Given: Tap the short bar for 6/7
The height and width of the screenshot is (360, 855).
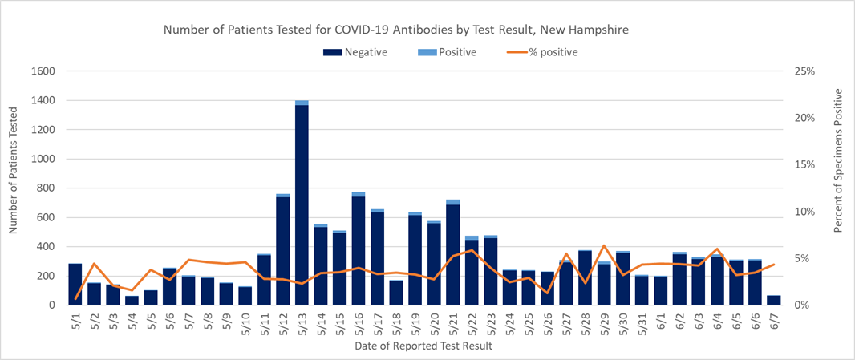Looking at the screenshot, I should coord(774,300).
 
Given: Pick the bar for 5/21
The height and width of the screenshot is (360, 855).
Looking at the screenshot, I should coord(453,253).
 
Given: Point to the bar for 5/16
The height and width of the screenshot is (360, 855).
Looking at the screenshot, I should coord(359,249).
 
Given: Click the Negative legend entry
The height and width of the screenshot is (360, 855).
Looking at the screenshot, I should coord(355,53).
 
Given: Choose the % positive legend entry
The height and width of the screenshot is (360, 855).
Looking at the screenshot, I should coord(542,53).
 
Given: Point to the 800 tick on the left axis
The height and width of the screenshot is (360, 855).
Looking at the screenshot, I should coord(44,188).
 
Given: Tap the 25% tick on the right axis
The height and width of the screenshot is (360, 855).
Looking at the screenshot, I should coord(804,71).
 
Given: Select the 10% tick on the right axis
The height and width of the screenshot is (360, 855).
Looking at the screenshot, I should coord(804,212).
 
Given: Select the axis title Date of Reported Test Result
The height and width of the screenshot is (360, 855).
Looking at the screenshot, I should coord(424,346).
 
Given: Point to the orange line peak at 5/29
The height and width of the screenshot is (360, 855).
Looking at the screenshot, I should coord(604,245).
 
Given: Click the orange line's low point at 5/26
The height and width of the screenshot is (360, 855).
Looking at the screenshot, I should coord(547,293).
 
